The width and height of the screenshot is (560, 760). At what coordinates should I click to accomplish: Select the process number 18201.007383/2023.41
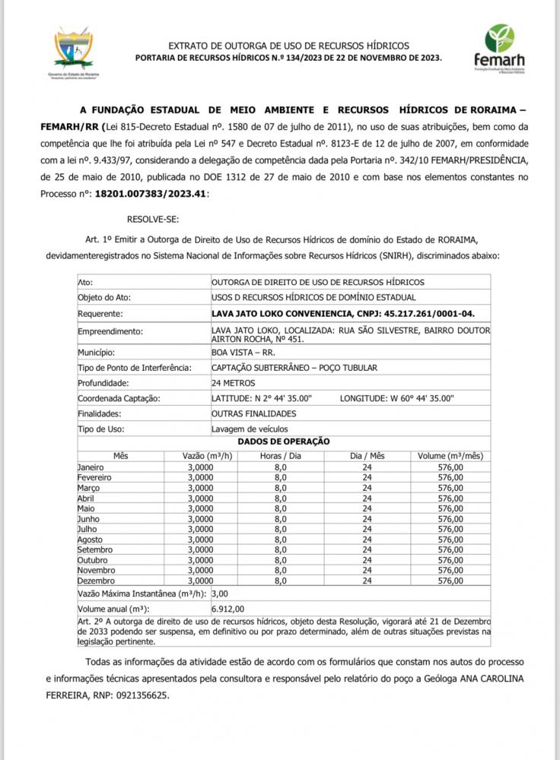150,194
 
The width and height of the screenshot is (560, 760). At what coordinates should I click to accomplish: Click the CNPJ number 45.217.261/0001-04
406,312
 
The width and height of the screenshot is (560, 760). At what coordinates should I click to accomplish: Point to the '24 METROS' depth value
234,382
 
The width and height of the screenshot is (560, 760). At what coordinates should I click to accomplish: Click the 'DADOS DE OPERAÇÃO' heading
284,441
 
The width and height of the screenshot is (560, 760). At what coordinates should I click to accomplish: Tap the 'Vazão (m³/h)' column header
207,455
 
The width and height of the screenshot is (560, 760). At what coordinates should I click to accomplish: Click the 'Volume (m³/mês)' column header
450,455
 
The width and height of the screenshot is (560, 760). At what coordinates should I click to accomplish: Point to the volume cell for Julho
450,528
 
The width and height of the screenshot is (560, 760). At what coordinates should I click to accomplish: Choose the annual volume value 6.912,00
228,609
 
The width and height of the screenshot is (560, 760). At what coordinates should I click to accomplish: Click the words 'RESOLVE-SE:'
154,220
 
